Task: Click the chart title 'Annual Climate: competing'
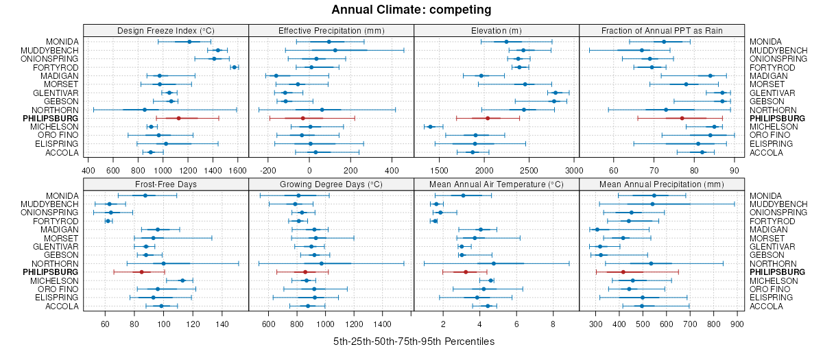pyautogui.click(x=411, y=10)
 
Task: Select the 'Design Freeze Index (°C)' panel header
pyautogui.click(x=166, y=30)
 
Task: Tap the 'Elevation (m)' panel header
pyautogui.click(x=497, y=30)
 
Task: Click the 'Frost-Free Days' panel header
pyautogui.click(x=166, y=184)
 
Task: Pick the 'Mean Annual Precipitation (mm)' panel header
pyautogui.click(x=662, y=184)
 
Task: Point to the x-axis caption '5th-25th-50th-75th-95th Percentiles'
pyautogui.click(x=414, y=341)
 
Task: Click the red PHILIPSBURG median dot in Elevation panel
pyautogui.click(x=488, y=119)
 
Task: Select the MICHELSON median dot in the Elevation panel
pyautogui.click(x=431, y=127)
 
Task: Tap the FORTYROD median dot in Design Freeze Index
pyautogui.click(x=235, y=67)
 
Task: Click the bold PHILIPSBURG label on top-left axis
pyautogui.click(x=50, y=119)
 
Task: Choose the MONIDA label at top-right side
pyautogui.click(x=765, y=42)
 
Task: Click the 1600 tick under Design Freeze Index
pyautogui.click(x=237, y=171)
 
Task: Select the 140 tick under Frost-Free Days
pyautogui.click(x=222, y=324)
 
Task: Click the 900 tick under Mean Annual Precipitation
pyautogui.click(x=737, y=324)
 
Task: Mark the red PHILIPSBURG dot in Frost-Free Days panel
pyautogui.click(x=142, y=272)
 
